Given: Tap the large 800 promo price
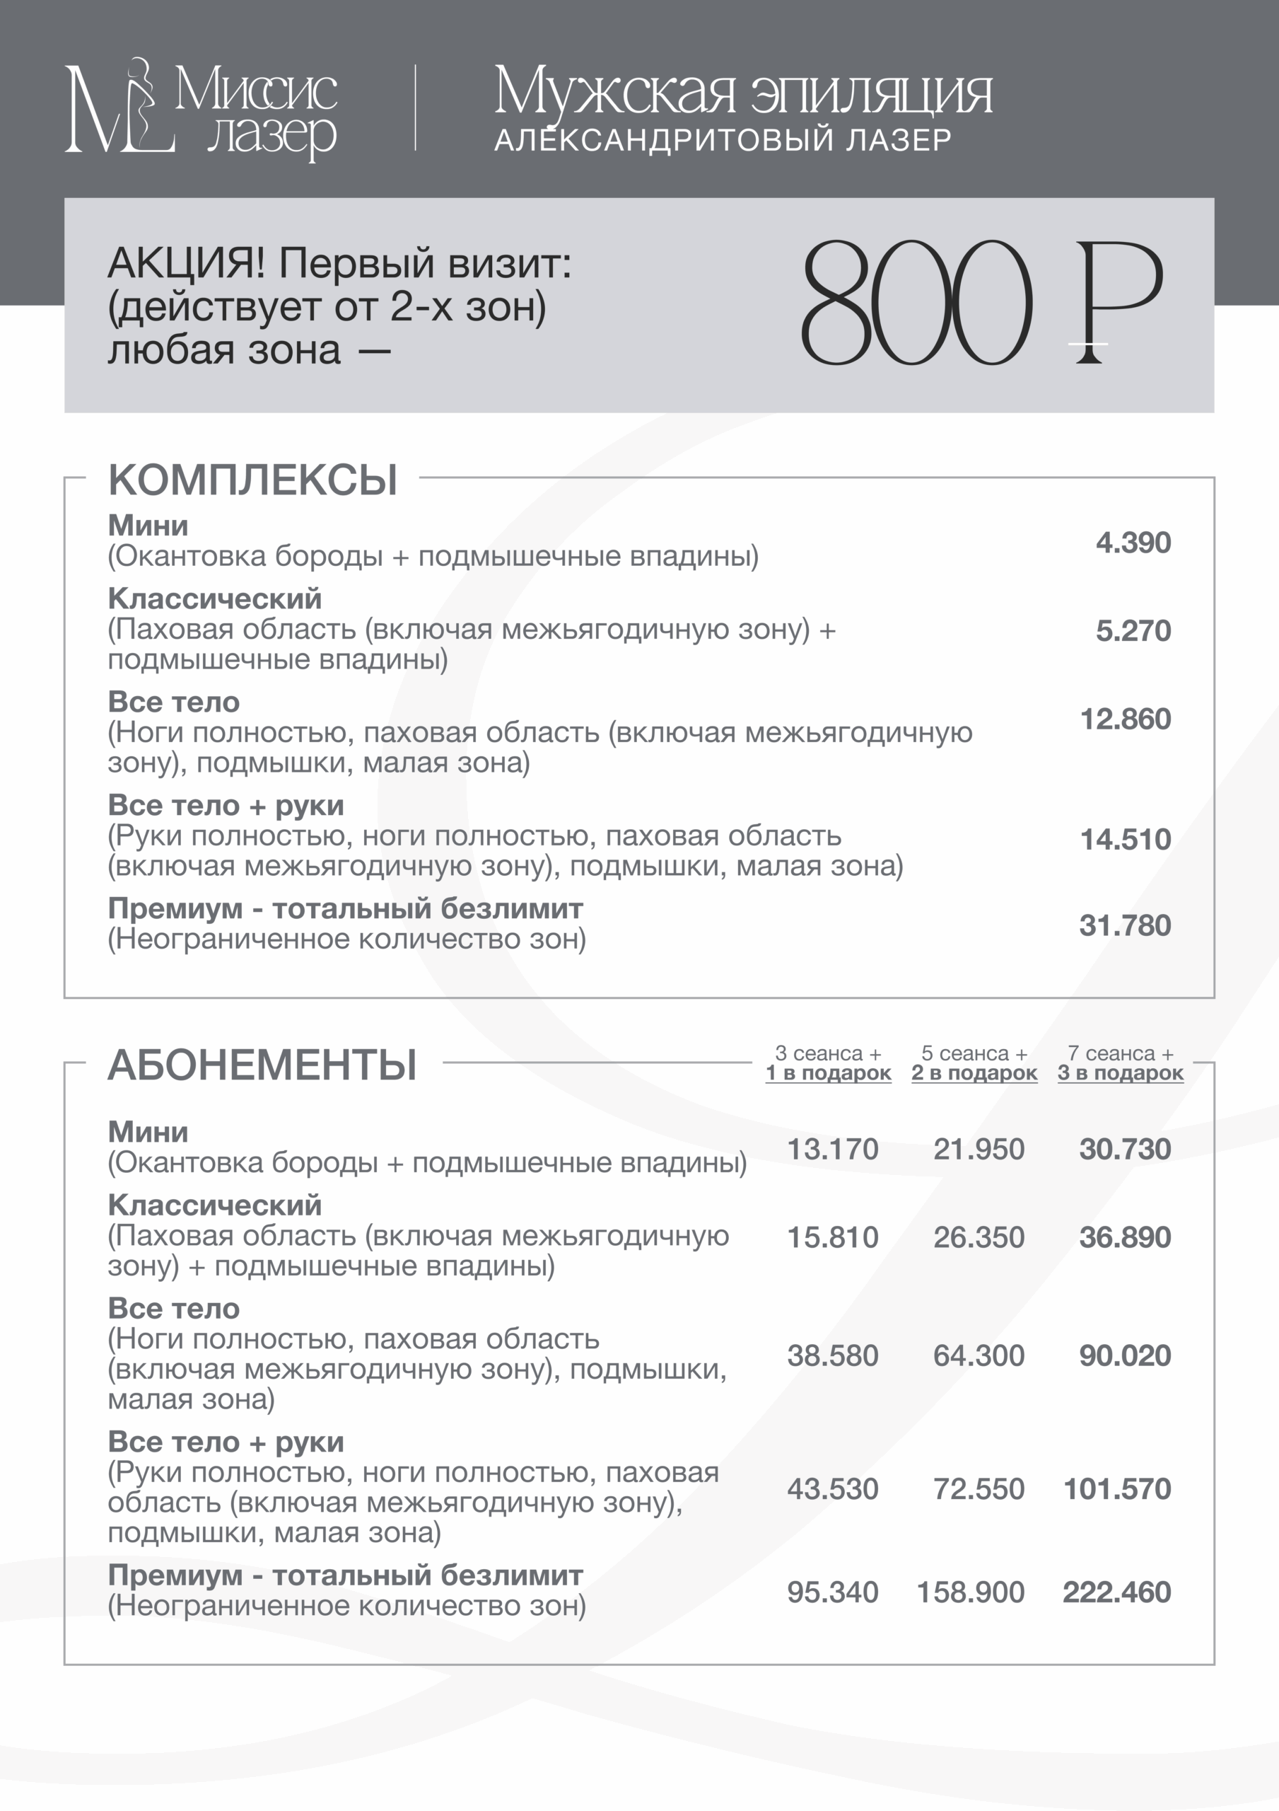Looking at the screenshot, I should pyautogui.click(x=916, y=303).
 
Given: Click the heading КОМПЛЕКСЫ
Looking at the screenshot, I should pyautogui.click(x=252, y=480).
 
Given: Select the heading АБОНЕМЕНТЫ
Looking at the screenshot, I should pyautogui.click(x=262, y=1065).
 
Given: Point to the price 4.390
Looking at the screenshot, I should pyautogui.click(x=1133, y=543).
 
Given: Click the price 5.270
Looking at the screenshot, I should pyautogui.click(x=1133, y=631).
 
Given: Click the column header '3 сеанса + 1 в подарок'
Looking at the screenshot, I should pyautogui.click(x=828, y=1063).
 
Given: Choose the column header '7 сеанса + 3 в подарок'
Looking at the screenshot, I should pyautogui.click(x=1121, y=1063).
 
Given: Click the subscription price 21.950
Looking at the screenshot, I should pyautogui.click(x=979, y=1150).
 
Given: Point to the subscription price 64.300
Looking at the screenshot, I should pyautogui.click(x=979, y=1355).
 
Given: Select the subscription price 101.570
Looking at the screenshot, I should pyautogui.click(x=1117, y=1488).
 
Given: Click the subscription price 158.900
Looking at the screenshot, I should pyautogui.click(x=971, y=1592).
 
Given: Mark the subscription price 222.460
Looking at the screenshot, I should pyautogui.click(x=1117, y=1592).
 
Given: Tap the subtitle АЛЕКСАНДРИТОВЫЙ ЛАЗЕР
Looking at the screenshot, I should pyautogui.click(x=723, y=139).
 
